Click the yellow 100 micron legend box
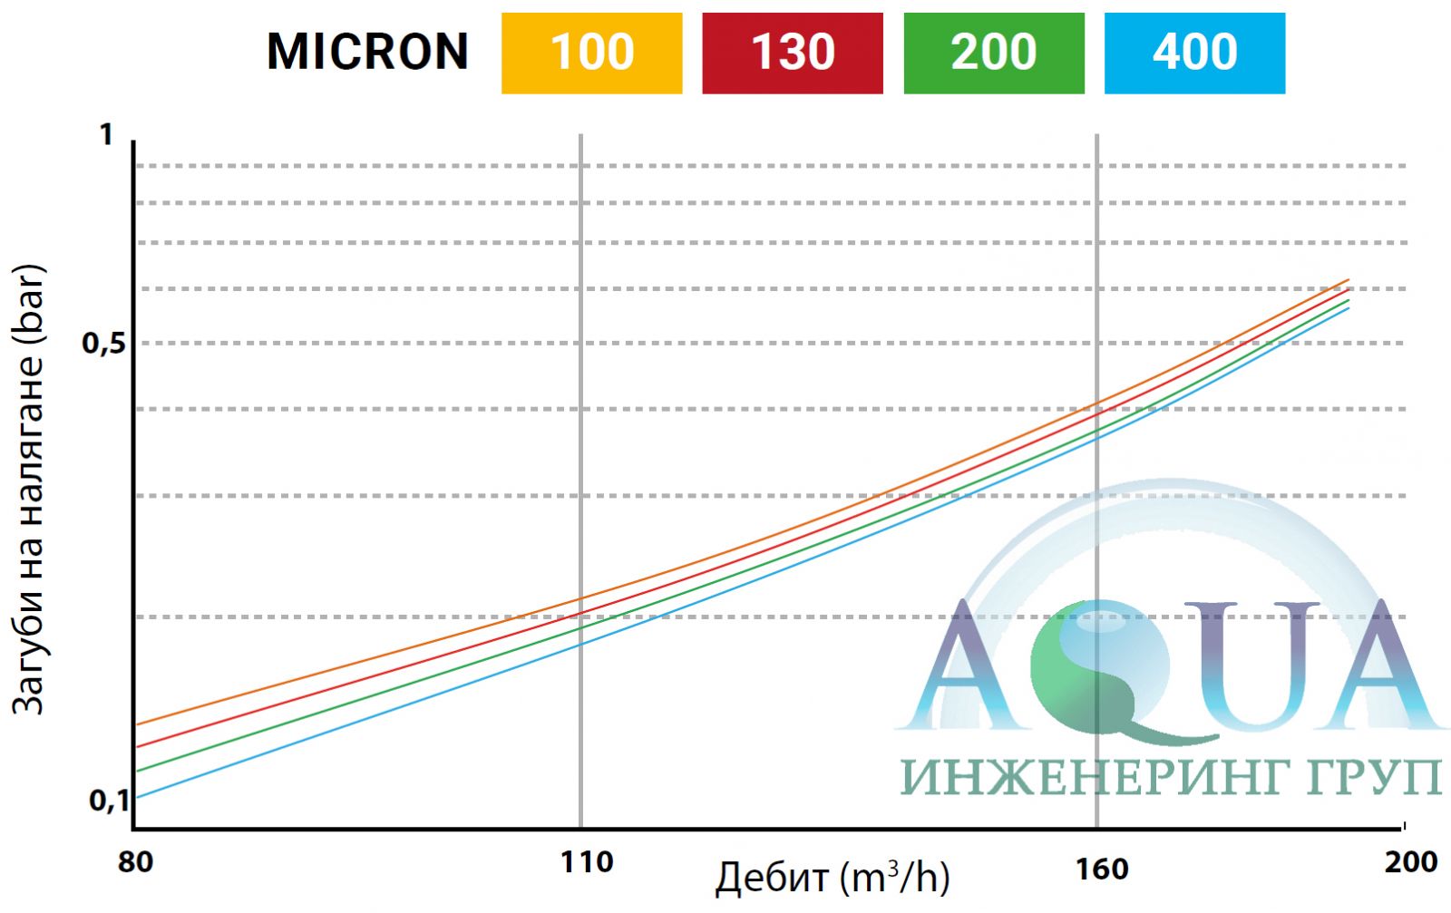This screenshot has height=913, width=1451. point(591,53)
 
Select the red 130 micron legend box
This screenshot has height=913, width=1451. point(792,53)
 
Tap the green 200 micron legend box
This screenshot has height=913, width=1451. point(993,53)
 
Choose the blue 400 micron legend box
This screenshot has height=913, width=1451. point(1194,53)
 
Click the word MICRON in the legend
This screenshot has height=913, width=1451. point(367,52)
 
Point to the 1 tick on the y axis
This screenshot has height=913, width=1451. point(107,135)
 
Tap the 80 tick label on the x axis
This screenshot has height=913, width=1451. point(135,861)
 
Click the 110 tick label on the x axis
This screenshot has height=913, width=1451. point(587,861)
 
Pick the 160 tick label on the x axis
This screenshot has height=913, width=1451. point(1102,869)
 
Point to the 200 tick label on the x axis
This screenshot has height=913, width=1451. point(1410,861)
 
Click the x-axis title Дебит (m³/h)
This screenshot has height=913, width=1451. point(832,878)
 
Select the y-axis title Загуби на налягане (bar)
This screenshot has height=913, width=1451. point(28,490)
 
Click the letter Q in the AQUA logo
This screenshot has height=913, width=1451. point(1102,666)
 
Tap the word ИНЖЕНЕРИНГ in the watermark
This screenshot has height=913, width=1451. point(1076,778)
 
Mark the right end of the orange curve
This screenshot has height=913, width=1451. point(1349,280)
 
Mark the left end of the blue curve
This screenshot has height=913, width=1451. point(136,798)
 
